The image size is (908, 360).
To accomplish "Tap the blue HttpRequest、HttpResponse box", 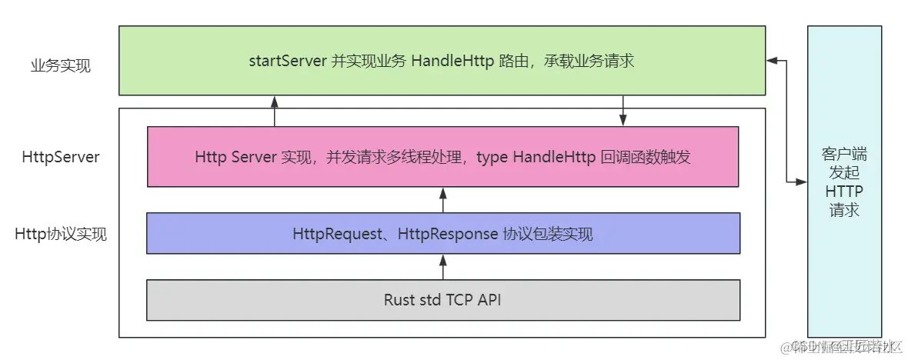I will click(x=442, y=233).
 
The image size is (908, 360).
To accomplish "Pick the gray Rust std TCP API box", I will click(x=442, y=300).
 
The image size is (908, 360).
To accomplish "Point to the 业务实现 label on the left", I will click(x=61, y=65).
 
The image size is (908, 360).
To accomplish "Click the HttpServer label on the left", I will click(x=61, y=157).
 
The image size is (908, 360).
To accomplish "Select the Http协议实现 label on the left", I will click(x=61, y=234).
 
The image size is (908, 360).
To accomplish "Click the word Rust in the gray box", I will click(x=399, y=300).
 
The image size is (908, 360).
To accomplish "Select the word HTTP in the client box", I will click(x=844, y=191).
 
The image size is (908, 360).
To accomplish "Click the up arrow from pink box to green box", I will click(x=274, y=111).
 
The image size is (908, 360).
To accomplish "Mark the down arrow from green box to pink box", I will click(x=623, y=111).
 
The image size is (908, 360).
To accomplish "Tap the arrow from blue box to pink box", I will click(x=442, y=200).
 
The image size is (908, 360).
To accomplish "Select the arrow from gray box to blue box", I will click(x=442, y=267).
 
